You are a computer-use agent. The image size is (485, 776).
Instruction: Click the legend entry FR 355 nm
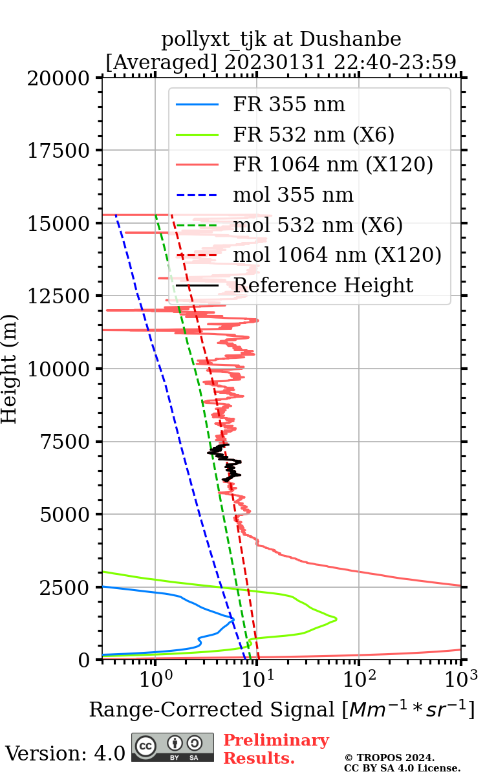(289, 105)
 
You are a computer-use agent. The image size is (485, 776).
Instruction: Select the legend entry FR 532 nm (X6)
(314, 135)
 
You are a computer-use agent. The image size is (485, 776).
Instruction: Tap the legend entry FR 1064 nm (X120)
(332, 164)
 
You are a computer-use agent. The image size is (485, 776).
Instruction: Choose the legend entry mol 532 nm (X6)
(318, 225)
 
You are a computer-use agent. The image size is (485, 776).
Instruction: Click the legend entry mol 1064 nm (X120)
(337, 255)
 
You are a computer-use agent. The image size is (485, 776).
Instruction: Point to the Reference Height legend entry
(323, 285)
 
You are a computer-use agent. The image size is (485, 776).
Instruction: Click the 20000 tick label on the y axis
(59, 78)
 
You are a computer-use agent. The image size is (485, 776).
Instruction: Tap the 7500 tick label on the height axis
(67, 442)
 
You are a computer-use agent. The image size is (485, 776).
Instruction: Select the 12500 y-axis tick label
(59, 297)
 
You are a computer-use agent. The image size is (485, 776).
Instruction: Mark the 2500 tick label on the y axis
(67, 588)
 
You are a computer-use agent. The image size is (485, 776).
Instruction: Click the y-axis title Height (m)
(10, 369)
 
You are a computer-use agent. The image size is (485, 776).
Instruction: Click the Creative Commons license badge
(173, 747)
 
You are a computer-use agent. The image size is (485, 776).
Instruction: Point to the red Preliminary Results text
(275, 749)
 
